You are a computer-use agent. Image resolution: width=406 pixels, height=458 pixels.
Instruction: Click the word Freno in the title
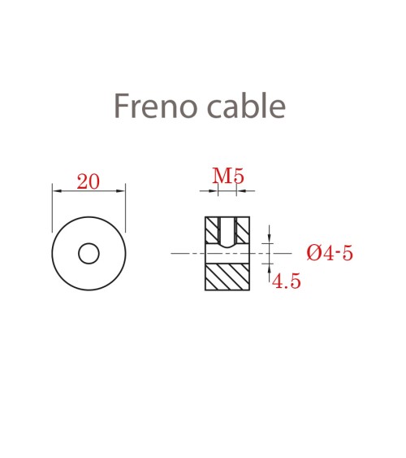click(x=152, y=107)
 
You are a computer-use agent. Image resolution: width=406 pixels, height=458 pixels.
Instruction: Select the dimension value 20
click(x=88, y=181)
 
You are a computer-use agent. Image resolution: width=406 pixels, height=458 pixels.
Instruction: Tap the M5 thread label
click(x=228, y=176)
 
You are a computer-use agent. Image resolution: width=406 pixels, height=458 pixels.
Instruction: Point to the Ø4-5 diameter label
click(x=330, y=253)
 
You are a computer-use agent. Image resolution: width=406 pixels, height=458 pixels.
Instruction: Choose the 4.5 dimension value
click(x=287, y=281)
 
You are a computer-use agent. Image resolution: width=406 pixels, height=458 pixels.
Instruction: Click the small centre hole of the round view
click(x=89, y=254)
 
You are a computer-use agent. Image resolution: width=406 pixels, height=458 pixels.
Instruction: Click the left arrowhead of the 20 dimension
click(x=55, y=191)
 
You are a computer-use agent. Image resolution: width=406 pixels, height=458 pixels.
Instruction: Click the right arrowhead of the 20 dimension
click(x=122, y=191)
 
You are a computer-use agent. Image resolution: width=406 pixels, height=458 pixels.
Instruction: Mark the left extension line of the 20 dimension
click(x=52, y=207)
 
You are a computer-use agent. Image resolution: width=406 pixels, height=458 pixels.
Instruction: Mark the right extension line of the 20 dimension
click(x=126, y=207)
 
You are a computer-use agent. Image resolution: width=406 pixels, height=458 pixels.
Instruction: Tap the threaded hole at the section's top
click(x=227, y=231)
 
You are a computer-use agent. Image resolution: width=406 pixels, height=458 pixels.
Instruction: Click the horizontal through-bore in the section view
click(x=227, y=254)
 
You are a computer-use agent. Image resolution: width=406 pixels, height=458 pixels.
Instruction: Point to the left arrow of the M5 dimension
click(x=215, y=192)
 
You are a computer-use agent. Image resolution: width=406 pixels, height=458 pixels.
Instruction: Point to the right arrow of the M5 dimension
click(x=239, y=192)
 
